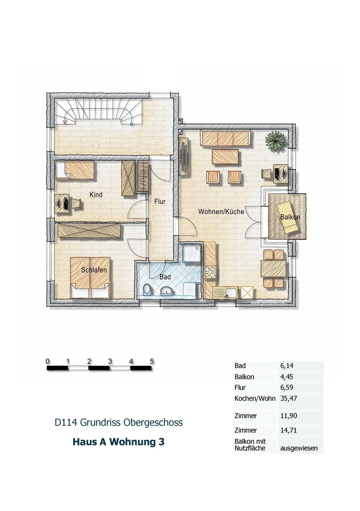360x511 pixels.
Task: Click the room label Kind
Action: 96,195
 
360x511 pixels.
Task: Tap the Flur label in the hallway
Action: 160,202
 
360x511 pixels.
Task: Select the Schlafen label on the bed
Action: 94,270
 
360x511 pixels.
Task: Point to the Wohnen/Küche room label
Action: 221,212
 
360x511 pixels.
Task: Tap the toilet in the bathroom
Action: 146,290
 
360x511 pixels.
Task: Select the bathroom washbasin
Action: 166,291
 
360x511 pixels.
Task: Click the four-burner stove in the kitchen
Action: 209,272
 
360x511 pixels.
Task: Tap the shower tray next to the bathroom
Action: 192,254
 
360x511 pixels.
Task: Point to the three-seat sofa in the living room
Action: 225,138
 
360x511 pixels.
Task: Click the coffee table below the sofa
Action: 225,157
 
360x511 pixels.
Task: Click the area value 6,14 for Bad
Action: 287,365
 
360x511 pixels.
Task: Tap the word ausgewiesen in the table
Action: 299,448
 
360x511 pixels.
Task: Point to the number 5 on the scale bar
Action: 152,362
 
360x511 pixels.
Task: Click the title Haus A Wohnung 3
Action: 118,442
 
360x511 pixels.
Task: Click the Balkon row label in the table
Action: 244,376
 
